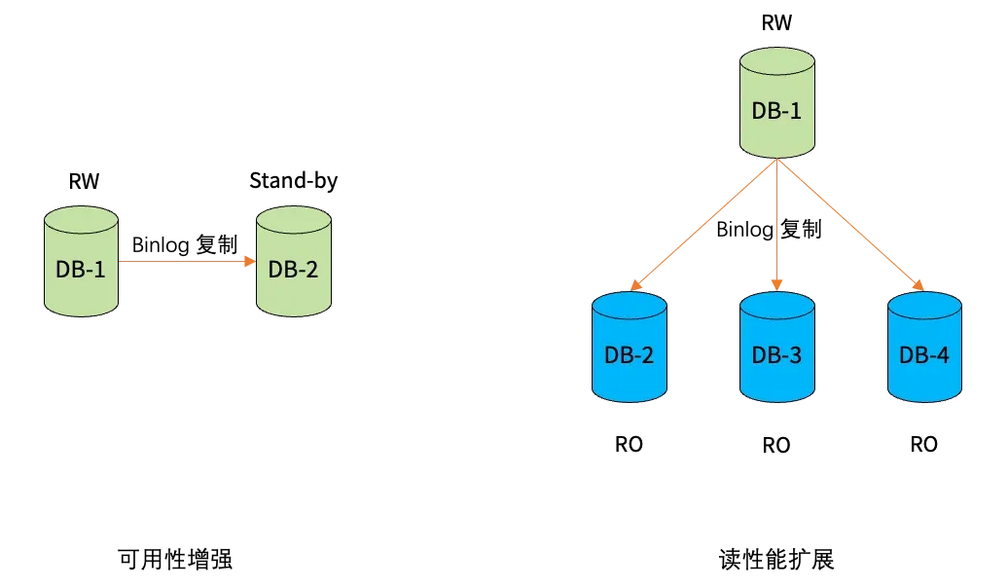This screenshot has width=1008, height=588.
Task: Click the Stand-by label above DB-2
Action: pos(293,181)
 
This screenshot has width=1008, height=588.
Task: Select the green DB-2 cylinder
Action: pos(294,261)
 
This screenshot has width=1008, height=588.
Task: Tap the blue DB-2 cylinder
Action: pos(630,348)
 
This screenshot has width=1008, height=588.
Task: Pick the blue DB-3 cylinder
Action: pos(777,348)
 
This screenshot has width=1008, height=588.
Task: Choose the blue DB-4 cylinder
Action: pos(924,348)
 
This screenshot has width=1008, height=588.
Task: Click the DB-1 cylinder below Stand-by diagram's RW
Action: pos(81,261)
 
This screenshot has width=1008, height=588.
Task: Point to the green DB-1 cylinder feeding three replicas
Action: pos(777,102)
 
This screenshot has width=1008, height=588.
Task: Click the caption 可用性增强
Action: pos(175,559)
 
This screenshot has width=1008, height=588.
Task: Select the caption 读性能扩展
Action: pos(776,559)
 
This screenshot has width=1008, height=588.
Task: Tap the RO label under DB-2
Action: pos(629,444)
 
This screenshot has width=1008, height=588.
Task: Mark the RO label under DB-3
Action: pos(775,445)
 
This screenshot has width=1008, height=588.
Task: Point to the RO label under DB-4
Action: pos(923,444)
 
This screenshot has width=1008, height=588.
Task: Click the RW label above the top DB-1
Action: pos(776,22)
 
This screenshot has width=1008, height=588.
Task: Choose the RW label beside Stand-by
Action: pos(85,181)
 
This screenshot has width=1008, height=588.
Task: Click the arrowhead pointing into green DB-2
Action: pos(251,261)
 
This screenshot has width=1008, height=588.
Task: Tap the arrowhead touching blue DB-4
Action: pos(918,285)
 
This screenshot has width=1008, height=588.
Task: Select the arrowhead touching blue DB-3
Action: pos(776,285)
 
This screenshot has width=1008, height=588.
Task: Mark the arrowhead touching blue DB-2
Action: pos(635,285)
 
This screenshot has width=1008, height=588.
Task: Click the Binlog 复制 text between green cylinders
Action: pos(185,244)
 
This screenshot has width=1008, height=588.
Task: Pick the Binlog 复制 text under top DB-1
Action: pos(769,229)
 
